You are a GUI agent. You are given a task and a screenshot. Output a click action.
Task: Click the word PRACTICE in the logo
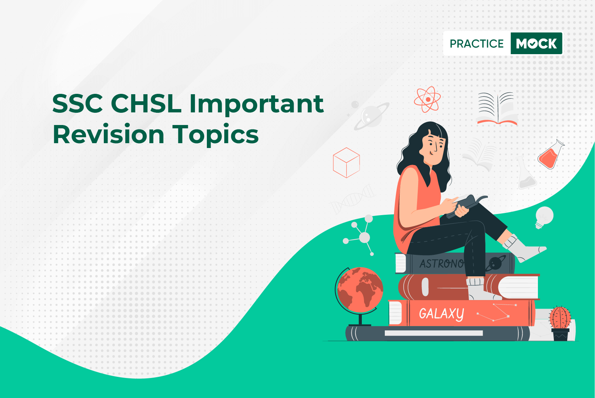pyautogui.click(x=476, y=43)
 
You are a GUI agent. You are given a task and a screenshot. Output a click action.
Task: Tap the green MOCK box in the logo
pyautogui.click(x=536, y=43)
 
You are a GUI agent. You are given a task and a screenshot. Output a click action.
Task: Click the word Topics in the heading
pyautogui.click(x=215, y=135)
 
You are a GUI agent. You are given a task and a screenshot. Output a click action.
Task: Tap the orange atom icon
pyautogui.click(x=427, y=99)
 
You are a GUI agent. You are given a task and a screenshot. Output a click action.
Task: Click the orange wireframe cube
pyautogui.click(x=346, y=162)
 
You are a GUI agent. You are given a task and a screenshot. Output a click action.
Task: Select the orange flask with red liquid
pyautogui.click(x=551, y=155)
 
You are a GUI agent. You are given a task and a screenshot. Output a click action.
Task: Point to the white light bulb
pyautogui.click(x=544, y=217)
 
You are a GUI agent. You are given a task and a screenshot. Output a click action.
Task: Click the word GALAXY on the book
pyautogui.click(x=442, y=313)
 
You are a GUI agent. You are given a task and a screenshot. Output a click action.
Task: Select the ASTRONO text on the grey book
pyautogui.click(x=442, y=264)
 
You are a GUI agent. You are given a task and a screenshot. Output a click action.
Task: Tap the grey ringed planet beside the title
pyautogui.click(x=371, y=116)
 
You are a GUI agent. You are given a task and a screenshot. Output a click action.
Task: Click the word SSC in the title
pyautogui.click(x=77, y=103)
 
